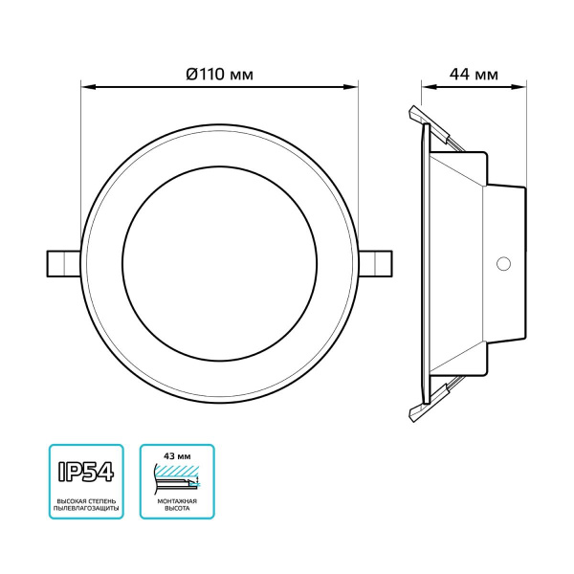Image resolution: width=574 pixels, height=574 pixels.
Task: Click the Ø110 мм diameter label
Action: pyautogui.click(x=219, y=75)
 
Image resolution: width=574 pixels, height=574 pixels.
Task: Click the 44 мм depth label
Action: pyautogui.click(x=474, y=75)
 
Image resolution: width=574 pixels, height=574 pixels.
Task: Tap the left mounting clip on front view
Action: pyautogui.click(x=61, y=261)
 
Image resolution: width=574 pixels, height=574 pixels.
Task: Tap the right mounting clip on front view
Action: pyautogui.click(x=377, y=261)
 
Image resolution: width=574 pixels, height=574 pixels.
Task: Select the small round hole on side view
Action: pyautogui.click(x=503, y=262)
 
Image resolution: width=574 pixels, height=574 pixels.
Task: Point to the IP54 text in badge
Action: pyautogui.click(x=85, y=474)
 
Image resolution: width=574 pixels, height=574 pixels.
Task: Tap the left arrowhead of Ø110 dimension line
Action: pyautogui.click(x=86, y=88)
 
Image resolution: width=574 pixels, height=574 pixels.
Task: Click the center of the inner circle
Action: pyautogui.click(x=219, y=261)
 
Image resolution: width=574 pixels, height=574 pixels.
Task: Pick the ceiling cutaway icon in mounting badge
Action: pyautogui.click(x=177, y=477)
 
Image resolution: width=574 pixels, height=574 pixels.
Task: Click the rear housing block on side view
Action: pyautogui.click(x=507, y=262)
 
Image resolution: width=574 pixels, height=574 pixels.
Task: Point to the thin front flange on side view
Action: pyautogui.click(x=421, y=262)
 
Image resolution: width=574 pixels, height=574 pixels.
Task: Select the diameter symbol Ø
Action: pyautogui.click(x=191, y=75)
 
